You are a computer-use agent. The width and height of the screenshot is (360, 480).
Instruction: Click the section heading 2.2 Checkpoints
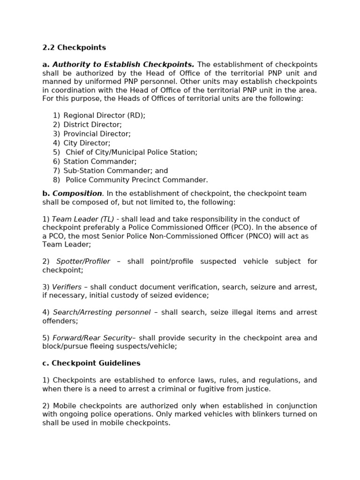74,47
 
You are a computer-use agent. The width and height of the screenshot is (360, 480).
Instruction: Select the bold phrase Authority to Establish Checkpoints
123,65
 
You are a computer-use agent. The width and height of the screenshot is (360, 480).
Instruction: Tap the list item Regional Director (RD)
104,115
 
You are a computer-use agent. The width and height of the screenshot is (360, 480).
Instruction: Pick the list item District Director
92,125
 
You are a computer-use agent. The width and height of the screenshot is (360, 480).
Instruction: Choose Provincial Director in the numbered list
97,134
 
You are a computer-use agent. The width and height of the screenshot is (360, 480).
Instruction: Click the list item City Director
87,143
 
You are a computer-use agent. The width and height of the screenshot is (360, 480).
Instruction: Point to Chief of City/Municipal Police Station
131,152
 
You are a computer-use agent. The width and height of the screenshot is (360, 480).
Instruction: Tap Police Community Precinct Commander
136,180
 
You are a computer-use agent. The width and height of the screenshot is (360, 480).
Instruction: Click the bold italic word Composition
77,194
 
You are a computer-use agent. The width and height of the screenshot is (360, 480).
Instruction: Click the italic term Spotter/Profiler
83,262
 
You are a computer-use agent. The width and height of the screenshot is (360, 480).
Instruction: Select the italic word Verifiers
67,287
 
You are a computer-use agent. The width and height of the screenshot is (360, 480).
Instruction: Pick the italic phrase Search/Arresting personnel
102,313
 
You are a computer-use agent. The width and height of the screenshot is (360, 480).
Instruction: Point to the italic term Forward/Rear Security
92,338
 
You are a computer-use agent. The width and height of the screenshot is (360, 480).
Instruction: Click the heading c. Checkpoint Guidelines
91,363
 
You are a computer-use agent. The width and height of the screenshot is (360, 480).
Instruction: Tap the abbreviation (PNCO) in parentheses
251,236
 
